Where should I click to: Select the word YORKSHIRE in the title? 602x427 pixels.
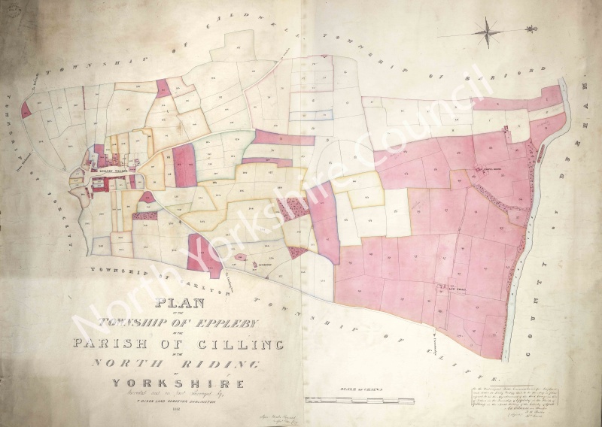(x=178, y=383)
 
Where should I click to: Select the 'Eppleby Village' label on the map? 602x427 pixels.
(x=111, y=171)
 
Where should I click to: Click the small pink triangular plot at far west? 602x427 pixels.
(x=26, y=111)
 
